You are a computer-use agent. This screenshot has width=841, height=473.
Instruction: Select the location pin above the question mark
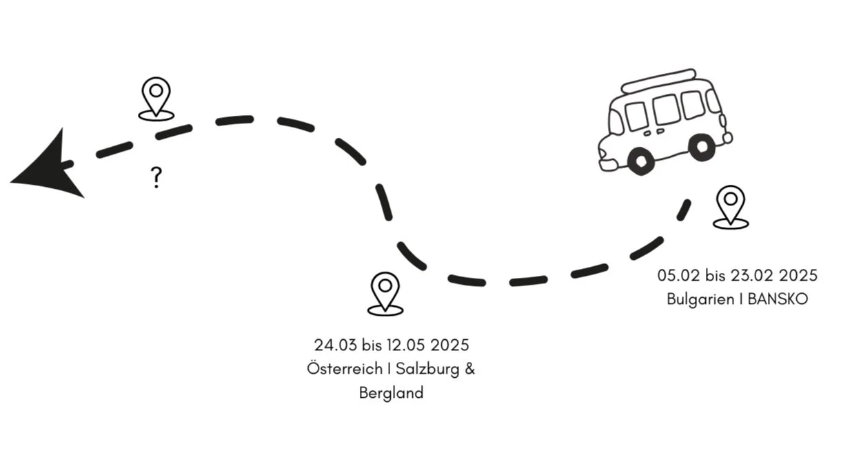click(156, 97)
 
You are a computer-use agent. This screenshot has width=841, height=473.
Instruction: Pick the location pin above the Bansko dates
click(730, 205)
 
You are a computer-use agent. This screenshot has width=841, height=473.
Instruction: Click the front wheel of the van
click(640, 160)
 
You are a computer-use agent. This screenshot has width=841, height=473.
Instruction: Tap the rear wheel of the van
click(702, 146)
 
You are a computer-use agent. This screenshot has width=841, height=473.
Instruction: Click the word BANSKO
click(777, 300)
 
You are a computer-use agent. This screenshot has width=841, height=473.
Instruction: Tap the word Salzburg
click(427, 369)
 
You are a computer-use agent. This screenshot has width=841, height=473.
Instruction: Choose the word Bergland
click(392, 394)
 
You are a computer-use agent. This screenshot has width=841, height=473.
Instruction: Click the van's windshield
click(616, 123)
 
